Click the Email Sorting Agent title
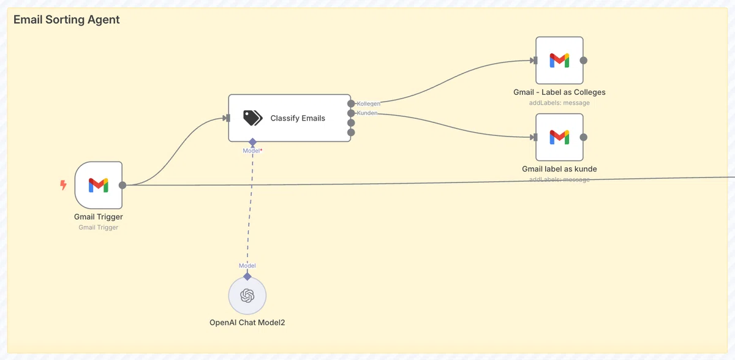(x=66, y=20)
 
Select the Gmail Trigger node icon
(x=99, y=186)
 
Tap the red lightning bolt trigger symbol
(x=63, y=185)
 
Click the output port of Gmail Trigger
(x=123, y=186)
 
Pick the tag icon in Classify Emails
(x=252, y=118)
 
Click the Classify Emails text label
(x=298, y=118)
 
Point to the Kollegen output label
(x=369, y=103)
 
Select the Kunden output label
(x=367, y=113)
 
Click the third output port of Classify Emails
(x=351, y=123)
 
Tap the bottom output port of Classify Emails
(x=351, y=132)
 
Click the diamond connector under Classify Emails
(x=252, y=142)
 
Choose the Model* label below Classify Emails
(x=252, y=151)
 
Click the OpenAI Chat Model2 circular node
(x=247, y=296)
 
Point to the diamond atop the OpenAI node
(x=247, y=277)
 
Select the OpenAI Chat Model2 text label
(x=247, y=323)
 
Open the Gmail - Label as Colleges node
(x=559, y=61)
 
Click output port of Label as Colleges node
(x=583, y=61)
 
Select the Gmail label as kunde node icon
(x=559, y=137)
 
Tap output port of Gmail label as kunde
(x=583, y=137)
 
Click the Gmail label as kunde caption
(x=559, y=169)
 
